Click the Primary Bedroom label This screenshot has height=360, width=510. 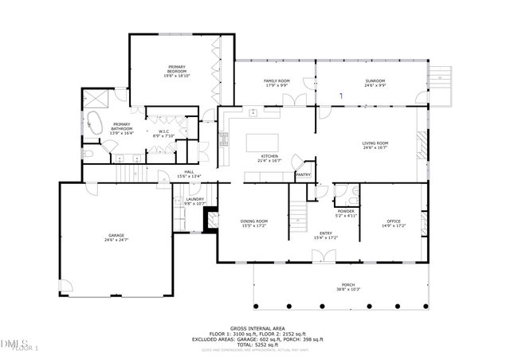[176, 67]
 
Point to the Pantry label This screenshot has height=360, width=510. [303, 174]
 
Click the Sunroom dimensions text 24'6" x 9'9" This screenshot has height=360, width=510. [375, 86]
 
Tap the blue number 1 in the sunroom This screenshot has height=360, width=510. [341, 96]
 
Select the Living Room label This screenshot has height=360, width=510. [375, 143]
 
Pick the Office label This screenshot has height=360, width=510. [394, 221]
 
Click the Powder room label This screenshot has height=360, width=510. [346, 211]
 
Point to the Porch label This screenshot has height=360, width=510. [348, 284]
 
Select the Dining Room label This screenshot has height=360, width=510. [253, 221]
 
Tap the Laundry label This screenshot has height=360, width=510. [195, 199]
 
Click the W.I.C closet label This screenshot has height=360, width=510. [163, 131]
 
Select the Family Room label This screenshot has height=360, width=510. [277, 81]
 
